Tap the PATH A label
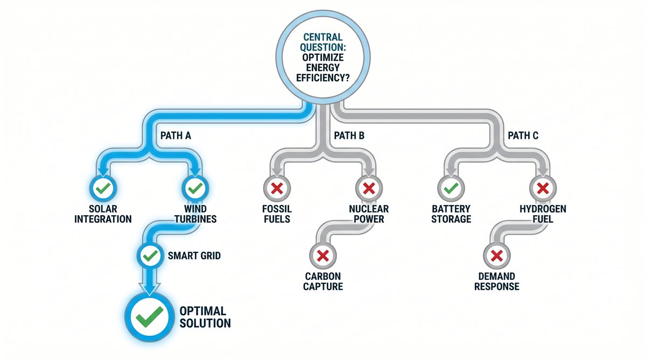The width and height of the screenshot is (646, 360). coord(175,136)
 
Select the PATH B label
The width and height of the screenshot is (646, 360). coord(349,136)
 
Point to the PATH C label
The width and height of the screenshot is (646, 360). coord(523,136)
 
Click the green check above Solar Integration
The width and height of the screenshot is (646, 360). coord(103,188)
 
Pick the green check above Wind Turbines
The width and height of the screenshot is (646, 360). coord(194,188)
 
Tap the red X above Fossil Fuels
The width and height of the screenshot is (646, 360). coord(277,188)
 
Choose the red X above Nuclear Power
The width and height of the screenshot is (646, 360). coord(368,188)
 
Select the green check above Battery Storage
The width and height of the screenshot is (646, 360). coord(451,188)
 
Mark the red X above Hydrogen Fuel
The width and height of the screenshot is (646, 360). coord(543,188)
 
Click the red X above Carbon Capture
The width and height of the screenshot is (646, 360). coord(323,255)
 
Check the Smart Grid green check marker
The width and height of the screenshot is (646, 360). coord(149,255)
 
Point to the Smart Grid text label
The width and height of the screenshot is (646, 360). coord(194,256)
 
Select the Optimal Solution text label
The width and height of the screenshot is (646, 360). coord(205,317)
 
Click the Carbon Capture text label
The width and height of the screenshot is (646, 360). coord(323,281)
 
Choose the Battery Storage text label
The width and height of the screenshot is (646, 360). coord(451,214)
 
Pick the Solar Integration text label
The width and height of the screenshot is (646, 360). coord(103,214)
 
